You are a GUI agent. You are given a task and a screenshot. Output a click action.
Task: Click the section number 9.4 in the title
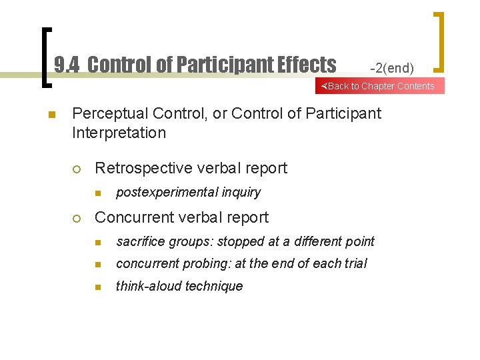coord(67,65)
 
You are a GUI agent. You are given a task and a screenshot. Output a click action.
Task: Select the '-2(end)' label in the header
coord(392,68)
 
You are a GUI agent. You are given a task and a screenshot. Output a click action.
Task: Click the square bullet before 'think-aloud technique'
coord(97,287)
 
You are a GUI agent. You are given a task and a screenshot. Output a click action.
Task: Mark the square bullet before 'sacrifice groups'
coord(97,241)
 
